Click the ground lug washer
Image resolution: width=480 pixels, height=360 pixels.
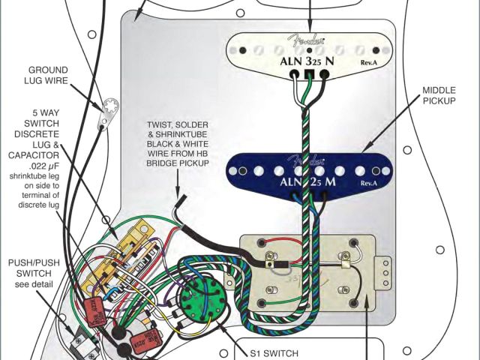click(x=109, y=107)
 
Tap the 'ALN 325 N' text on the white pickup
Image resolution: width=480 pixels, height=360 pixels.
click(x=308, y=61)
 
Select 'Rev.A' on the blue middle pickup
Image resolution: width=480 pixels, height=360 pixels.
click(x=368, y=183)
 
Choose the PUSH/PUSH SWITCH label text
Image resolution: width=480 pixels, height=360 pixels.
click(x=30, y=273)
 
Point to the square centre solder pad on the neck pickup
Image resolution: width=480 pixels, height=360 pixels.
click(x=307, y=74)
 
